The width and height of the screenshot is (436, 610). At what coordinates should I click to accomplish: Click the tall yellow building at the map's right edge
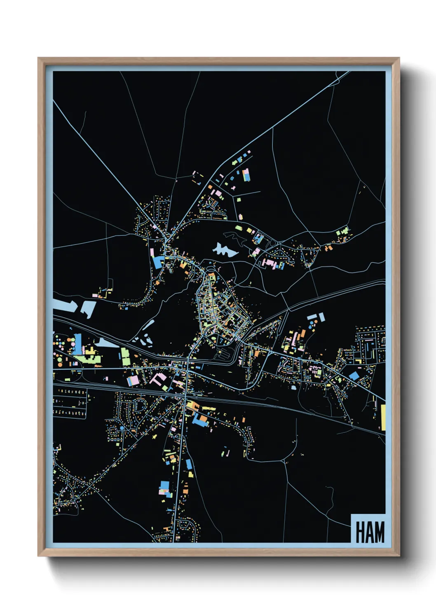(383, 418)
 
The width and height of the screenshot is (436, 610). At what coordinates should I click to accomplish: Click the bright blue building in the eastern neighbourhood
(354, 375)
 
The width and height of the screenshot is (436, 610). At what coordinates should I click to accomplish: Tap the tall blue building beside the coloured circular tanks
(77, 344)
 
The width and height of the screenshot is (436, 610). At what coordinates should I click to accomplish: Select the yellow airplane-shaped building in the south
(155, 436)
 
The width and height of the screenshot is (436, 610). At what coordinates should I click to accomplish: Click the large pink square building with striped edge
(133, 380)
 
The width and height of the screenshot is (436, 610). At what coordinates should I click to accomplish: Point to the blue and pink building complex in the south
(164, 488)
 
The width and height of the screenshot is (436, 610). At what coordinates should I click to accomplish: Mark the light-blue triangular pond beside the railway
(104, 343)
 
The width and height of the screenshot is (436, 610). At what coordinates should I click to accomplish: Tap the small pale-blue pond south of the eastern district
(293, 388)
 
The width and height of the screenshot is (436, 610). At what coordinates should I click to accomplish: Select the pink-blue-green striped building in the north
(246, 175)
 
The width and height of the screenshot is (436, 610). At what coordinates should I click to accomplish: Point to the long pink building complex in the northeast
(271, 263)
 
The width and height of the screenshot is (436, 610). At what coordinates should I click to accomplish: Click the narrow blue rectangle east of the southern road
(189, 464)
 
